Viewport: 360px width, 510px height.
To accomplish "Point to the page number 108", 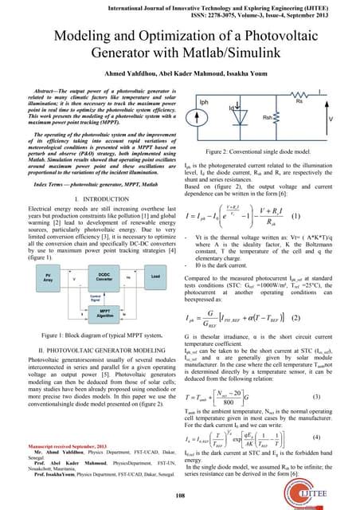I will click(180, 494).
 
